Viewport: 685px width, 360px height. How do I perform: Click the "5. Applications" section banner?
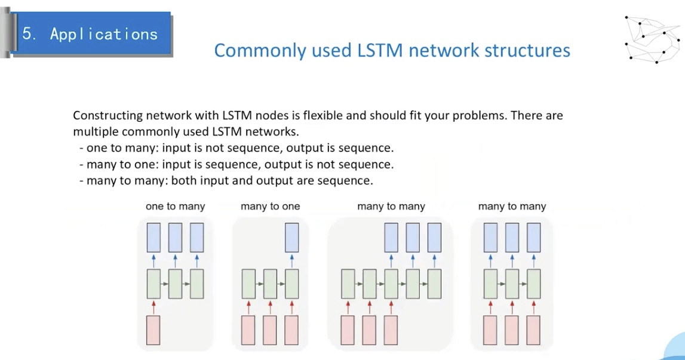[x=90, y=33]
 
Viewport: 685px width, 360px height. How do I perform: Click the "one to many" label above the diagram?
[x=175, y=207]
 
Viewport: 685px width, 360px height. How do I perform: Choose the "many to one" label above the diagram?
[x=270, y=207]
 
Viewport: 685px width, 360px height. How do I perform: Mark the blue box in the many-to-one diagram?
[x=291, y=237]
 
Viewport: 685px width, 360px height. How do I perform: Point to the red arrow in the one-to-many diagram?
[x=153, y=307]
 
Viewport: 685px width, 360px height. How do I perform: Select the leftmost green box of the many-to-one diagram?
[x=248, y=284]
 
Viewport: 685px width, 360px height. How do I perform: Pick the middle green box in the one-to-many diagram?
[x=175, y=284]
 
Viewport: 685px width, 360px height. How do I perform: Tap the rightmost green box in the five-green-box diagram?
[x=434, y=284]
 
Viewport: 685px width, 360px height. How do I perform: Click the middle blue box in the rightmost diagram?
[x=512, y=237]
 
